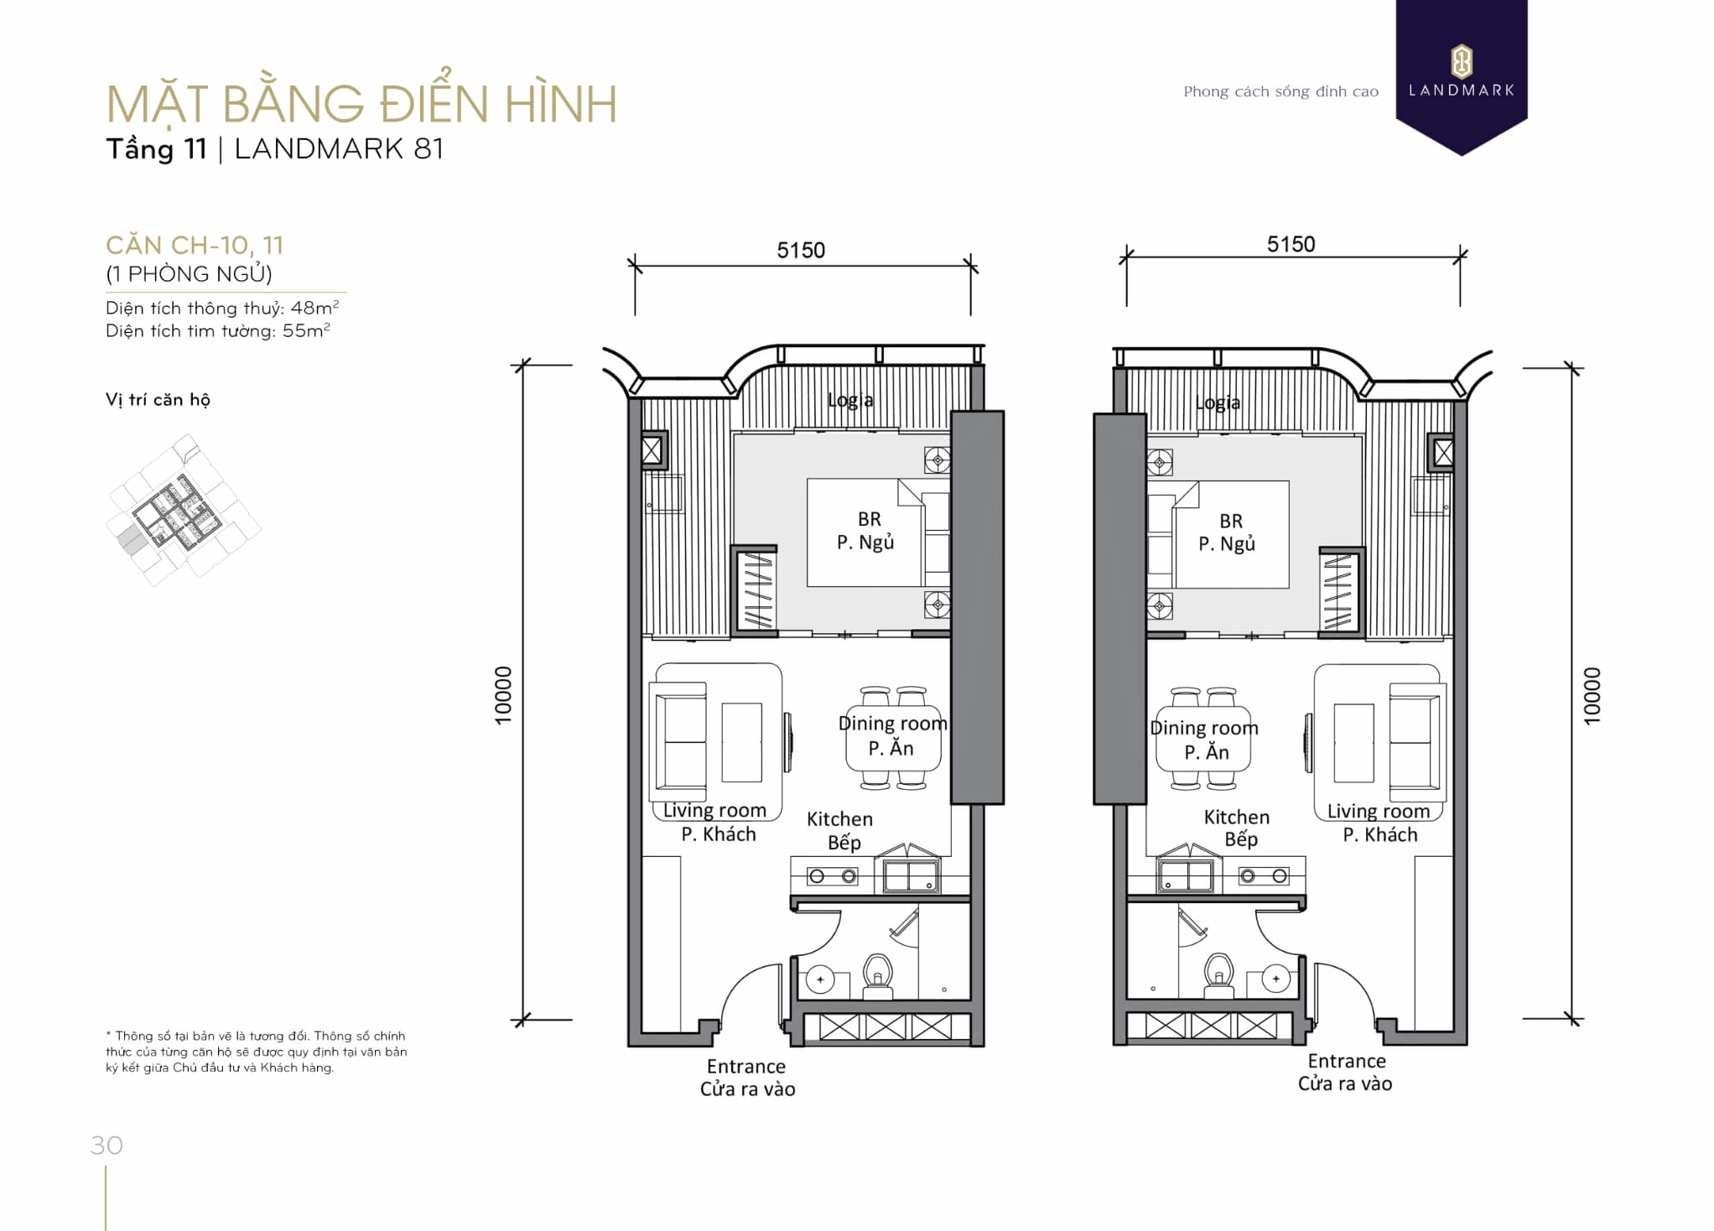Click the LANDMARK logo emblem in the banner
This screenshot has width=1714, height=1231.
coord(1461,61)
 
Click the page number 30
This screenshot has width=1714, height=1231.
coord(106,1145)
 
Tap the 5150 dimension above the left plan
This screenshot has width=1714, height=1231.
coord(800,250)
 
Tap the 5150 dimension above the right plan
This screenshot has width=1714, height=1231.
coord(1291,244)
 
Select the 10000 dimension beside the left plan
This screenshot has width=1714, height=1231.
coord(503,695)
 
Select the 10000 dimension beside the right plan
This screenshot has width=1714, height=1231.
coord(1592,695)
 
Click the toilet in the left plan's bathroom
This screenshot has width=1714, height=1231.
coord(878,975)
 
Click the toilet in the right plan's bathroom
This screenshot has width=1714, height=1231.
coord(1218,975)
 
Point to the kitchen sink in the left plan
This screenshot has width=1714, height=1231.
coord(911,876)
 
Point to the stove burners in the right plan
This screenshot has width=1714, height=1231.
coord(1264,876)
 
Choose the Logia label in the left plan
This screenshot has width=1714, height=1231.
coord(850,400)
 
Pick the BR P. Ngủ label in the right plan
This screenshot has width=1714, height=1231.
coord(1228,532)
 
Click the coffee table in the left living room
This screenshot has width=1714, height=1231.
coord(741,742)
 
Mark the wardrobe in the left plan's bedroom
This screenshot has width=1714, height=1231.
coord(756,590)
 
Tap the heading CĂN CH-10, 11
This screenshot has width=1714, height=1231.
coord(195,245)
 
